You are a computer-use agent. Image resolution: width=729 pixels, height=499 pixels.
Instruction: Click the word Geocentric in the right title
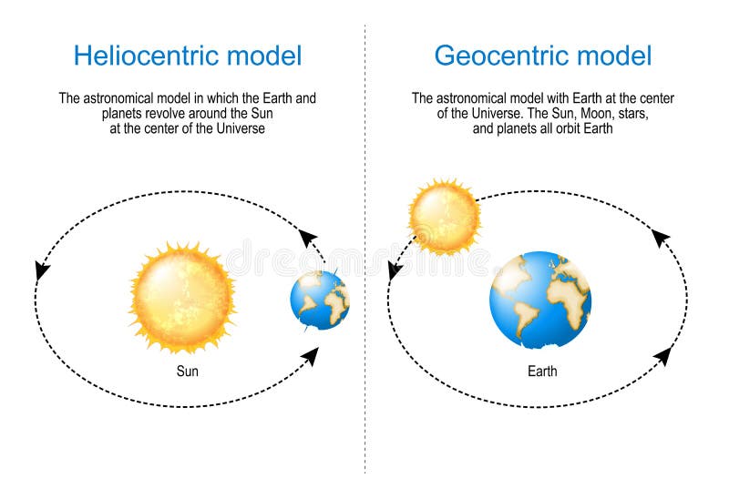[498, 56]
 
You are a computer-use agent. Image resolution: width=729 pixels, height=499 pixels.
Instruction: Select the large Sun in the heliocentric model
[182, 297]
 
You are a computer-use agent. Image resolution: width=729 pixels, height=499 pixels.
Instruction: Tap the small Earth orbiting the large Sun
[320, 300]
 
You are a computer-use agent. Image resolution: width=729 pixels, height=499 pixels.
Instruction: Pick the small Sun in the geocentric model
[444, 217]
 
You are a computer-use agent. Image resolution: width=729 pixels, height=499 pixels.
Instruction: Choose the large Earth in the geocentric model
[540, 300]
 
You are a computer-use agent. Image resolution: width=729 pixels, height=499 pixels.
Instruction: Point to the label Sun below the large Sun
[188, 372]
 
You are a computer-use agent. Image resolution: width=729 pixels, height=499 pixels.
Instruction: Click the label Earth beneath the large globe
[541, 372]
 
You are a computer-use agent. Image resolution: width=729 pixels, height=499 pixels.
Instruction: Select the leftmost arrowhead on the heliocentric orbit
[41, 270]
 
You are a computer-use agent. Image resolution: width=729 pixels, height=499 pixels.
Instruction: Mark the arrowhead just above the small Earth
[308, 239]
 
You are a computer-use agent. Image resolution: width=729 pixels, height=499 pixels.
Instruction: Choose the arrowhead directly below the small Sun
[395, 270]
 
